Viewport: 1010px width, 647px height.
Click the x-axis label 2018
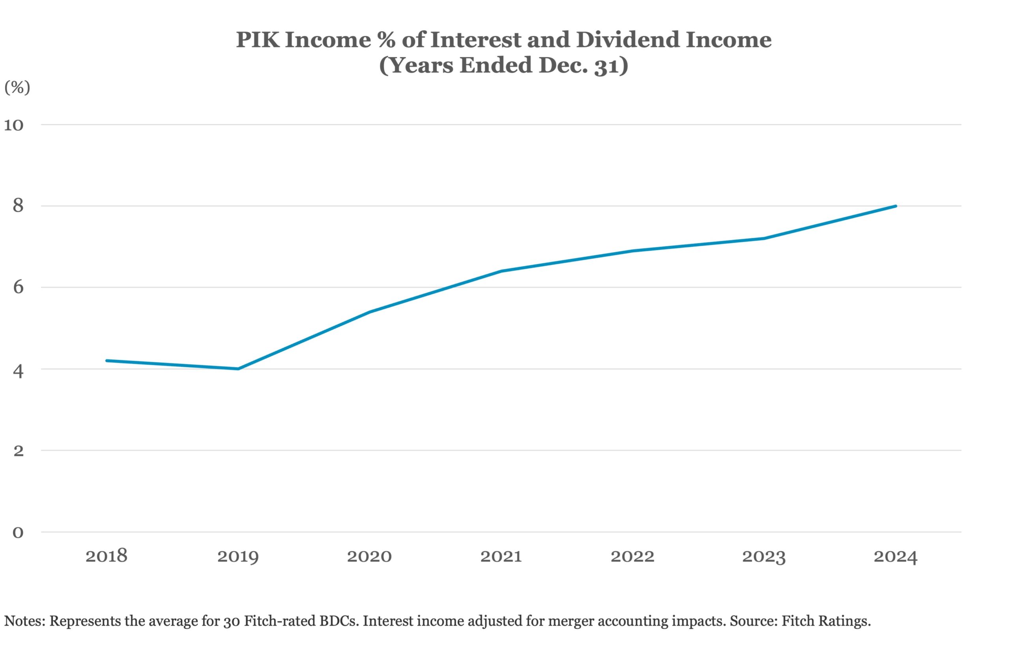106,556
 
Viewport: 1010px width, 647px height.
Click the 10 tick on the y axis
14,125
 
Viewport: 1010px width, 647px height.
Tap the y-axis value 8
18,206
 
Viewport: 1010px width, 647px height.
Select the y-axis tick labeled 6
18,287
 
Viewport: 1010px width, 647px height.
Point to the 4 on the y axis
18,370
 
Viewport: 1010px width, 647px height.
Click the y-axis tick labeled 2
18,451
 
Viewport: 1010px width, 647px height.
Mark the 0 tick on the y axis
18,532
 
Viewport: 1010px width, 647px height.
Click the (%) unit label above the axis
17,88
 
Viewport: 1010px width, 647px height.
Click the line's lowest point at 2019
238,369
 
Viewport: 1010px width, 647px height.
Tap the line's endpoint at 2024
896,206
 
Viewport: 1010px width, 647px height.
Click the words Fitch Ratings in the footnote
826,621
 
